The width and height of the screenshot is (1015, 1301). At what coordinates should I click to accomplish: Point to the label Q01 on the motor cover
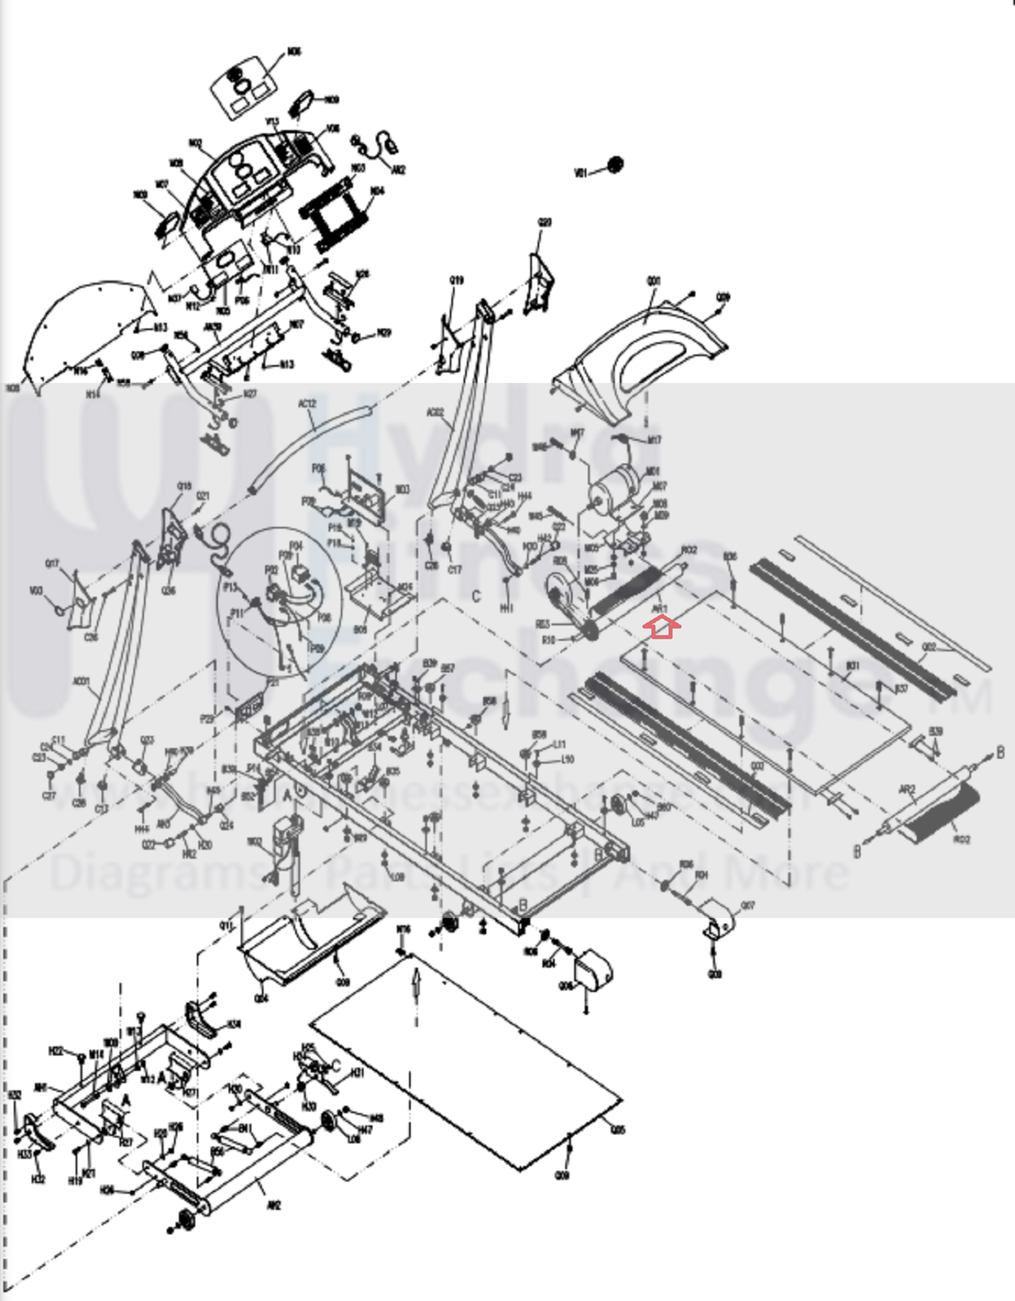[653, 281]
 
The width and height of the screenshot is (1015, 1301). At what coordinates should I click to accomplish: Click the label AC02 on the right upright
[435, 414]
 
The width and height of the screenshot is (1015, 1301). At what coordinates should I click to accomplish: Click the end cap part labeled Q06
[593, 969]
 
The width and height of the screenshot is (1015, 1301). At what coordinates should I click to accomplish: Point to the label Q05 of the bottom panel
[617, 1130]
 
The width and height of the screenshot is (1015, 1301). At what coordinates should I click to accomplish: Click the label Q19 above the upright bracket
[457, 281]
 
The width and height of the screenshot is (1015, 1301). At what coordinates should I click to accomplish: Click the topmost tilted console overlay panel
[244, 85]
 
